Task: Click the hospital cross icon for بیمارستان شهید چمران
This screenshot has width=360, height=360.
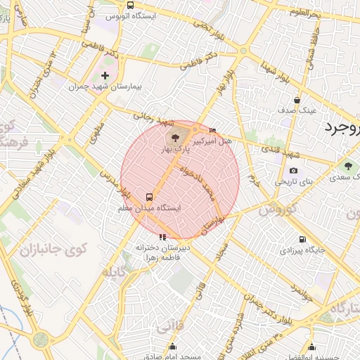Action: (x=105, y=75)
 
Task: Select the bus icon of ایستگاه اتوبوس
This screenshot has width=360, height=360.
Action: (x=130, y=5)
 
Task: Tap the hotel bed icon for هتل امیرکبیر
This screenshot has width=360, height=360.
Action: (x=213, y=130)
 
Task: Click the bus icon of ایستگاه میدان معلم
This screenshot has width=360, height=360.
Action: (x=149, y=198)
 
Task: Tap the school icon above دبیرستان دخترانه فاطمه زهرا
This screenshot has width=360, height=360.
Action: (x=163, y=236)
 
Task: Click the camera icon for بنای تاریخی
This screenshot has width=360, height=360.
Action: (x=293, y=170)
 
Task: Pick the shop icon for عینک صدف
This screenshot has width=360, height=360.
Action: (x=297, y=100)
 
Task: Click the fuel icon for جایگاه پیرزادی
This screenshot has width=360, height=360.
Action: (x=302, y=239)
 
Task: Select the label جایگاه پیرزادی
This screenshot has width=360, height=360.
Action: (x=303, y=250)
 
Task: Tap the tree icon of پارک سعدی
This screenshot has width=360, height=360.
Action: (x=347, y=166)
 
